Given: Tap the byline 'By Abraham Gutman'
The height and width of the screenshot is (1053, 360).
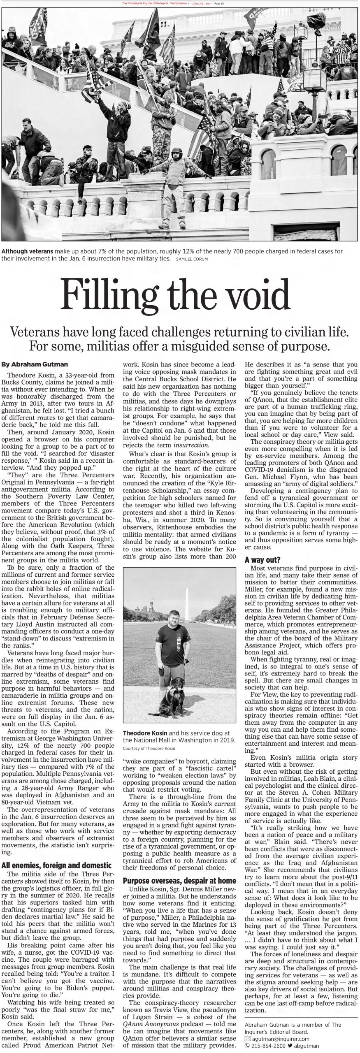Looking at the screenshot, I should pos(35,364).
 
